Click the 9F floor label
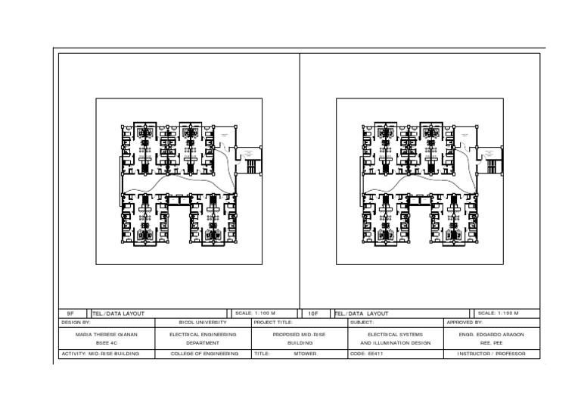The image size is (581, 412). [x=70, y=313]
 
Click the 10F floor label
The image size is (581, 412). [x=312, y=313]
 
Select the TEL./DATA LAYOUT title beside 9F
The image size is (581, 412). [x=119, y=313]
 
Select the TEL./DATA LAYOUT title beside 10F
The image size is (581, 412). [x=362, y=313]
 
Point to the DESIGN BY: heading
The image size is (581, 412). [x=76, y=323]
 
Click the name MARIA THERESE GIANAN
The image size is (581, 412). [x=107, y=334]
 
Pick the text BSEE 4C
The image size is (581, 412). [x=107, y=343]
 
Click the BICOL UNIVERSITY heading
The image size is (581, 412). [x=203, y=323]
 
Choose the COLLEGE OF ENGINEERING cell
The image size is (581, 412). [x=204, y=354]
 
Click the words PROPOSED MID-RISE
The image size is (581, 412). [x=300, y=334]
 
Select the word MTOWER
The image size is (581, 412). [x=305, y=354]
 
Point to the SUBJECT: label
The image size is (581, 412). [x=362, y=323]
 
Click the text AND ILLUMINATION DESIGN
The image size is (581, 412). [x=395, y=343]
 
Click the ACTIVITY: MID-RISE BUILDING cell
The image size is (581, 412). [x=101, y=354]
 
